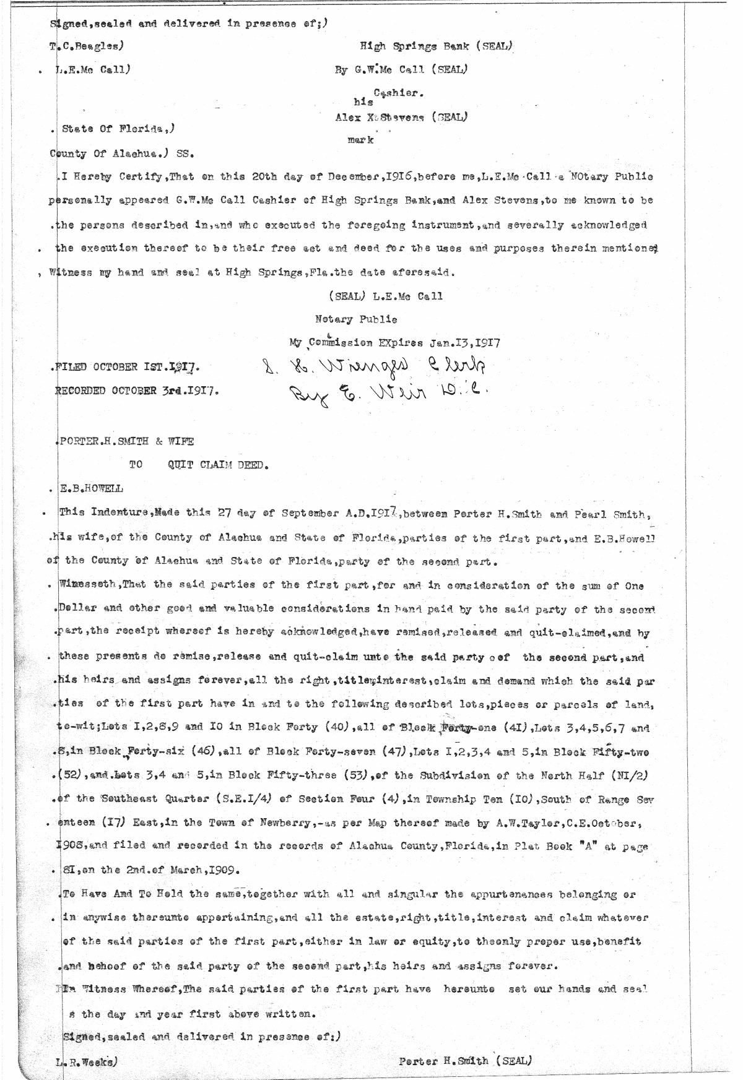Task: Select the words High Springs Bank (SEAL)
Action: point(437,46)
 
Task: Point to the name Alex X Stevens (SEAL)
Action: point(401,116)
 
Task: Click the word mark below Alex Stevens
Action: point(360,140)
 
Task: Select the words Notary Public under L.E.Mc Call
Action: point(356,319)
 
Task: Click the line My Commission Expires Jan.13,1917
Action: point(395,342)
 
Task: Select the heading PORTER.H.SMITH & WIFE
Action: point(126,441)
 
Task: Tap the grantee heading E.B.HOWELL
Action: point(91,489)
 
